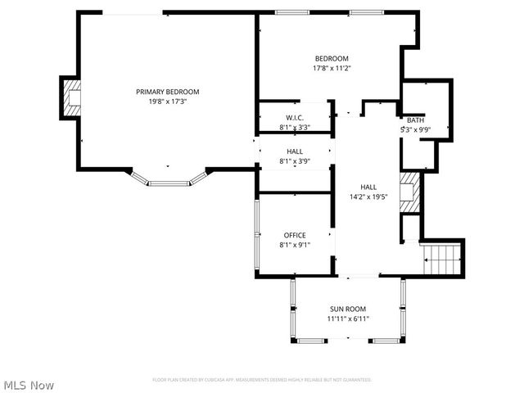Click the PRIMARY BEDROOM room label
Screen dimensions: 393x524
coord(167,92)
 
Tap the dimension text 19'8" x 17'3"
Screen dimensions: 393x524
coord(167,102)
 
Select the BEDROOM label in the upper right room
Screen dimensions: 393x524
coord(332,58)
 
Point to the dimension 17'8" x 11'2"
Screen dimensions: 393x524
coord(332,68)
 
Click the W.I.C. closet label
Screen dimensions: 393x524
coord(295,118)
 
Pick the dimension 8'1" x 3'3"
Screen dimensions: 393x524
coord(295,127)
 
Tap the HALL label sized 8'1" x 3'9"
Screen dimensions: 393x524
coord(295,151)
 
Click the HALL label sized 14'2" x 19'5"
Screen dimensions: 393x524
coord(368,187)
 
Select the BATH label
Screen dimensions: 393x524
coord(416,120)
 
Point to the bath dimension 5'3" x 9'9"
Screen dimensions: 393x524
coord(416,129)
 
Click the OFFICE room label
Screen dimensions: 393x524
coord(295,235)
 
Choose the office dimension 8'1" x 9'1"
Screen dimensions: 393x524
coord(295,244)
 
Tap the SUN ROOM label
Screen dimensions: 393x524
coord(348,309)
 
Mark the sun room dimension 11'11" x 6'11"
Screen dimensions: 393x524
coord(348,318)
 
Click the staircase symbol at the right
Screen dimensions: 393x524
coord(443,260)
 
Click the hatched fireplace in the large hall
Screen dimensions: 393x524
coord(409,192)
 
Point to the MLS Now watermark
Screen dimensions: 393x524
coord(29,385)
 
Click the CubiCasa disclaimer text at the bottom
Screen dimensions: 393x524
coord(262,380)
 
